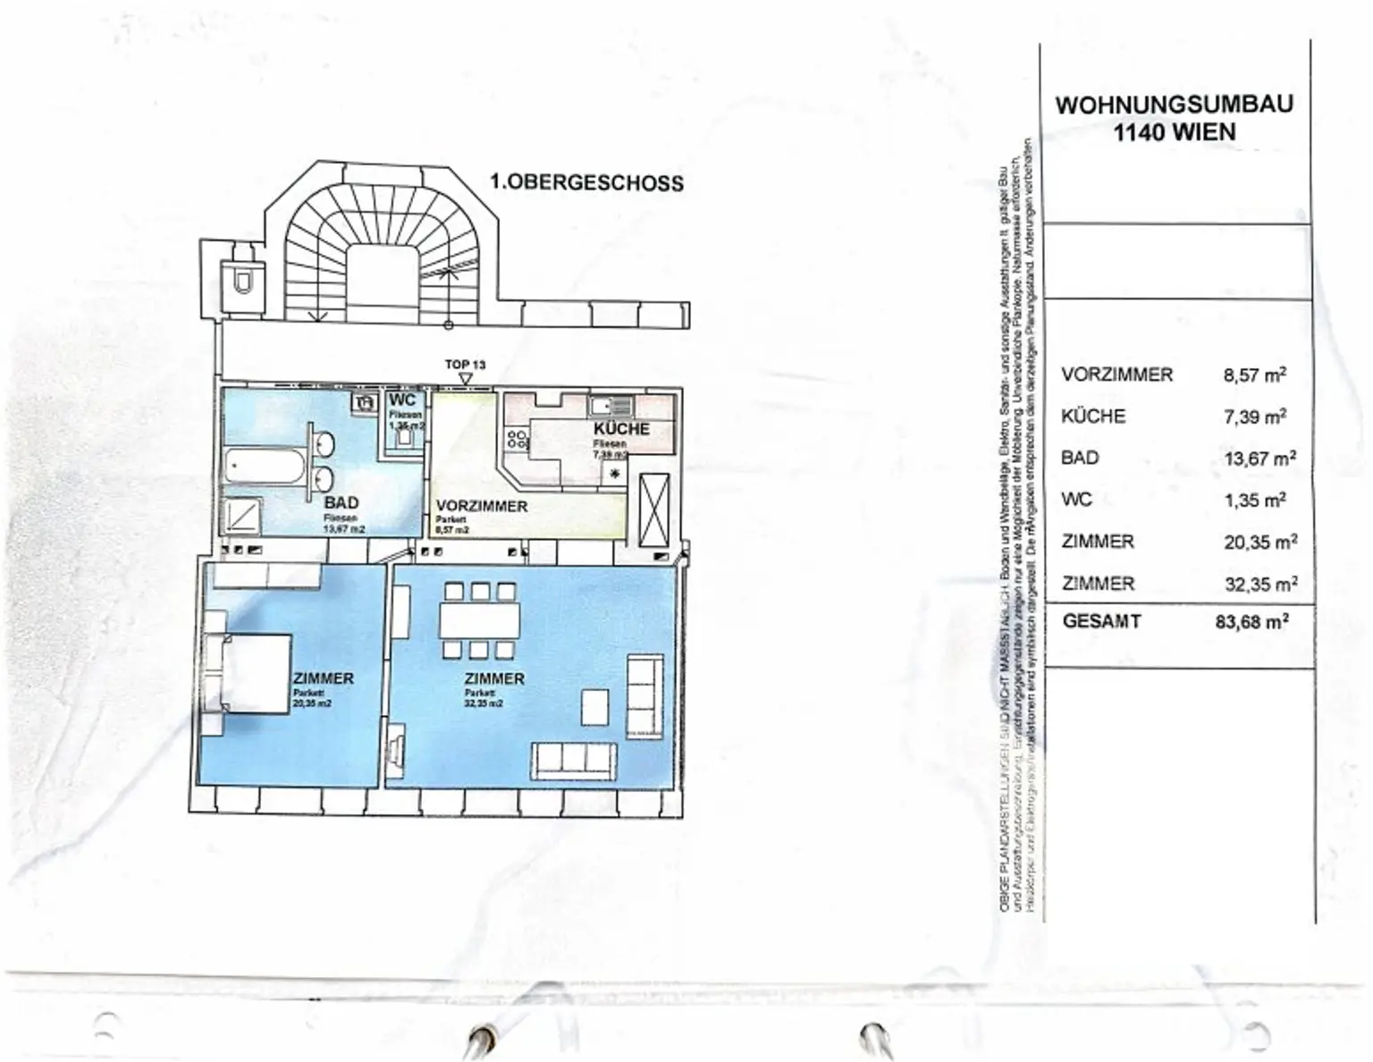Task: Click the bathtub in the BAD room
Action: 265,466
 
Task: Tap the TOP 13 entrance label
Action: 465,365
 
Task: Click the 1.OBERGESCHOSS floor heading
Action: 586,182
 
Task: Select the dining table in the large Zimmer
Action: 479,620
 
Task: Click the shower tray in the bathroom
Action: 243,517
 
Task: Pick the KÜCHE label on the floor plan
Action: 621,428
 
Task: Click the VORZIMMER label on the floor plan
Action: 481,506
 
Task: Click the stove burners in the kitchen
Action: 518,439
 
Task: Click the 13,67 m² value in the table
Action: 1259,459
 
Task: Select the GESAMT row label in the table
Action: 1101,621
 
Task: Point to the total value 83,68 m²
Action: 1251,621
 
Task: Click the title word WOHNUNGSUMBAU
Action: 1174,105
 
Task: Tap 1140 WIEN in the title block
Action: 1174,133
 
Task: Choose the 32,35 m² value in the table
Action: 1260,585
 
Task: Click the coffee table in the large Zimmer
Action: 595,706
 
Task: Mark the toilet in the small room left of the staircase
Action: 242,281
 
